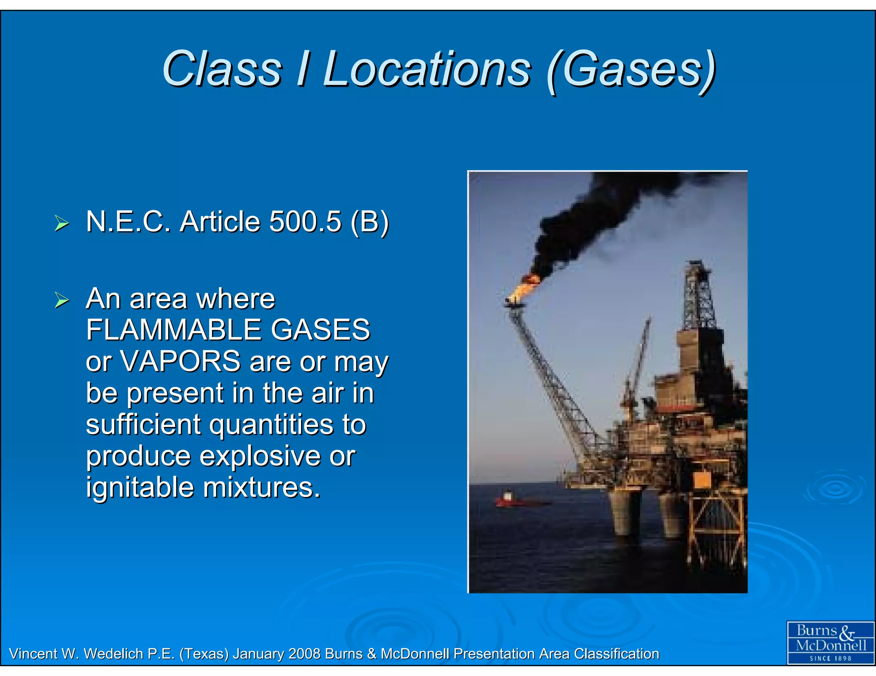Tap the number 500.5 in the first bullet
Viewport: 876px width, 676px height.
click(305, 222)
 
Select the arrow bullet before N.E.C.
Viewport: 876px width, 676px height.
click(62, 223)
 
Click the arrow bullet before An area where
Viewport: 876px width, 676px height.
click(62, 300)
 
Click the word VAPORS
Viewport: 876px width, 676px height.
click(181, 362)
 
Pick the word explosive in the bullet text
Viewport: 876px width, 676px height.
click(260, 456)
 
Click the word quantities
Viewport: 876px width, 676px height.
click(271, 424)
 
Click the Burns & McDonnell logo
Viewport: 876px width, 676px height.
click(830, 642)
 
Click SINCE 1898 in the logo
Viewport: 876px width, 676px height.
click(830, 658)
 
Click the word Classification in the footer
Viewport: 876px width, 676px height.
click(616, 654)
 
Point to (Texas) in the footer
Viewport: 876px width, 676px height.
click(204, 654)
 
